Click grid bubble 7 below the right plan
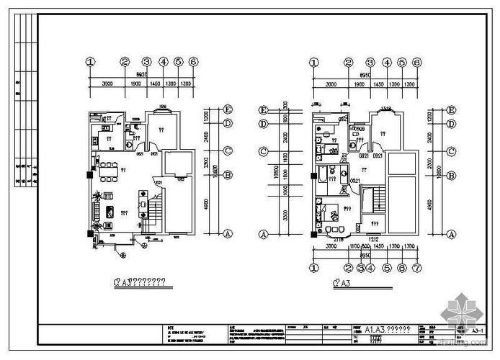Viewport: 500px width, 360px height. (x=416, y=268)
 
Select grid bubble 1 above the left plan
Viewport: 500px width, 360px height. (x=91, y=63)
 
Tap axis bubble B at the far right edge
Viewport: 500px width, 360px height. (x=451, y=175)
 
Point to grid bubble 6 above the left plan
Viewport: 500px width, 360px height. (x=193, y=63)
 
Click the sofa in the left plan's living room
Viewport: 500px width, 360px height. (x=95, y=211)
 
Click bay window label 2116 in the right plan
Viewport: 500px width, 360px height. (x=337, y=238)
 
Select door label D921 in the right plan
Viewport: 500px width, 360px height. (x=377, y=155)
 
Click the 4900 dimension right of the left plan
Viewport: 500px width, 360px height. (x=208, y=204)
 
